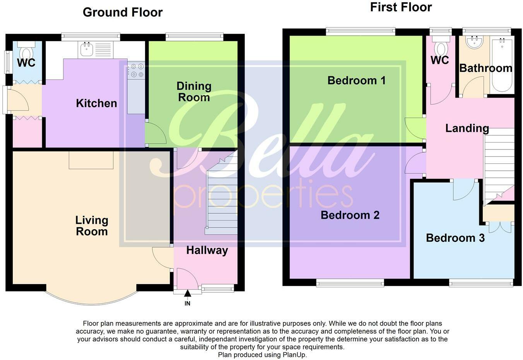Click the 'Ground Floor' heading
123,12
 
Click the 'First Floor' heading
401,7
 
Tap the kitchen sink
87,49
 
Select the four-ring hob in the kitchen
137,70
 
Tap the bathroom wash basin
474,42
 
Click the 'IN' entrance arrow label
187,303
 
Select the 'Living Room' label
92,226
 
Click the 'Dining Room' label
194,91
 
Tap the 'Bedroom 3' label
455,238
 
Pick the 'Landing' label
467,128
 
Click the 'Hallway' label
207,250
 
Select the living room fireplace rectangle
91,160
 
